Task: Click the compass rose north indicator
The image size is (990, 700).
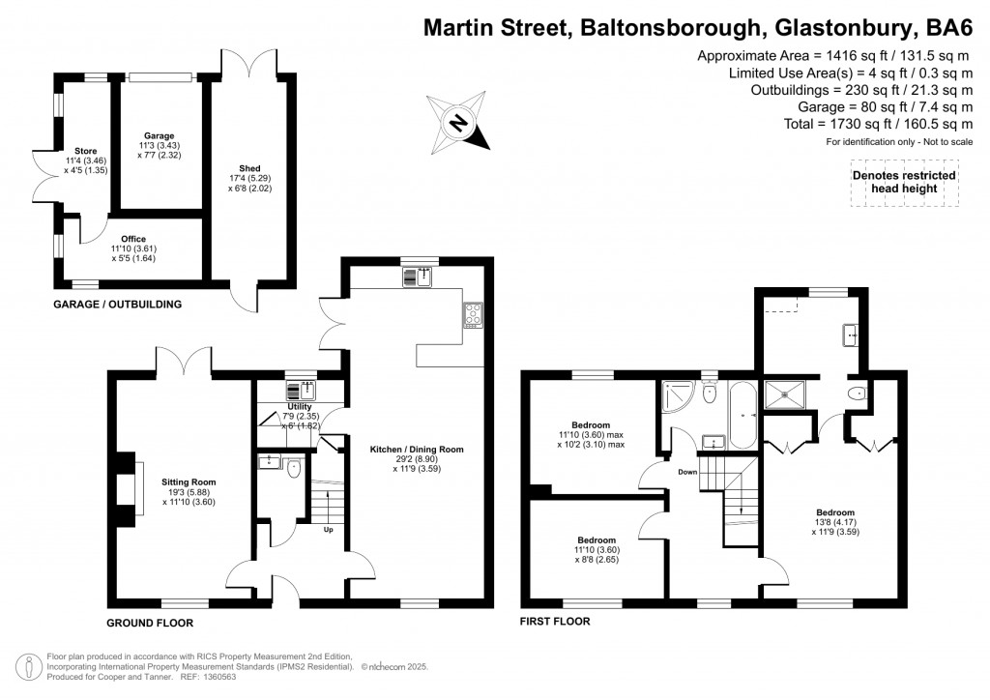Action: click(460, 122)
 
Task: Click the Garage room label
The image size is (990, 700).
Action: click(159, 145)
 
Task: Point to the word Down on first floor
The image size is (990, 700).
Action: click(687, 472)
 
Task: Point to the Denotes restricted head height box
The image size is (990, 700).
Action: click(904, 182)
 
